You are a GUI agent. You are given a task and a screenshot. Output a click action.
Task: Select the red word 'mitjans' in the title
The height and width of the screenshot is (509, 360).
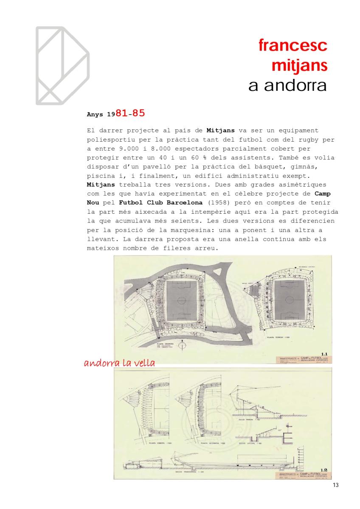[x=299, y=65]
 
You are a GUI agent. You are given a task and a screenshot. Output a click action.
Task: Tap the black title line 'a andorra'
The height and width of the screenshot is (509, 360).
[x=287, y=85]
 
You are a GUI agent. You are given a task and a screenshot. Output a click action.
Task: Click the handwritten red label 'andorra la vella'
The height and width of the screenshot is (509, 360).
[x=119, y=364]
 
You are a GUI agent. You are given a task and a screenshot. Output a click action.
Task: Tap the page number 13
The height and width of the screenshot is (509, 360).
[x=335, y=485]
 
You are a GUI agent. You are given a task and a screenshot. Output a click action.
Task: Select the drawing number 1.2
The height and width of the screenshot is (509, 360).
[x=324, y=470]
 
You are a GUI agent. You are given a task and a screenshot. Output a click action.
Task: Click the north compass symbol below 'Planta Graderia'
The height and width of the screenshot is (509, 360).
[x=181, y=346]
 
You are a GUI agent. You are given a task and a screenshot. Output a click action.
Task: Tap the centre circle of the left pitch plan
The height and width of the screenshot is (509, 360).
[x=181, y=300]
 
